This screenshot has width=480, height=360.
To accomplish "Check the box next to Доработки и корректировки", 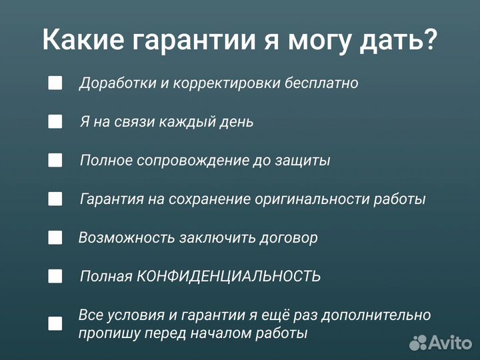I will [55, 83].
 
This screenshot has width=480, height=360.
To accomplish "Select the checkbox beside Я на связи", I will [55, 122].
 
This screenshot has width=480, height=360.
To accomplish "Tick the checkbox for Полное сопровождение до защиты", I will [55, 161].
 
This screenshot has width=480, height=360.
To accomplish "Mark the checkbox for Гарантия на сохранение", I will [55, 199].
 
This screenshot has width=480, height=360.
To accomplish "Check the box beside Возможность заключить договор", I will [55, 237].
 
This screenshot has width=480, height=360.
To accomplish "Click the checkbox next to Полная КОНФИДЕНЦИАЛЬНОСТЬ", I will [55, 276].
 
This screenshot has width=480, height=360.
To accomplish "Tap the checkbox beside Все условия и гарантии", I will [55, 323].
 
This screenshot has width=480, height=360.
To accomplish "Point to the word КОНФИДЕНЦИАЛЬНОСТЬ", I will [229, 276].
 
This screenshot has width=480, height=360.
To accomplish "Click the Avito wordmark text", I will [450, 343].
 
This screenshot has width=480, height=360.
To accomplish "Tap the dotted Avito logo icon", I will [418, 343].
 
